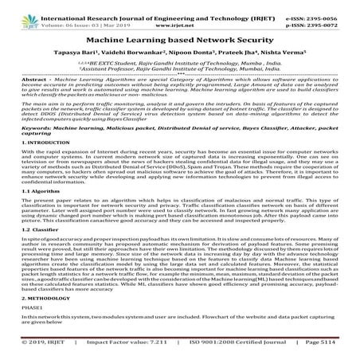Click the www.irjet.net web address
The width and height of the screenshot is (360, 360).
[179, 16]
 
